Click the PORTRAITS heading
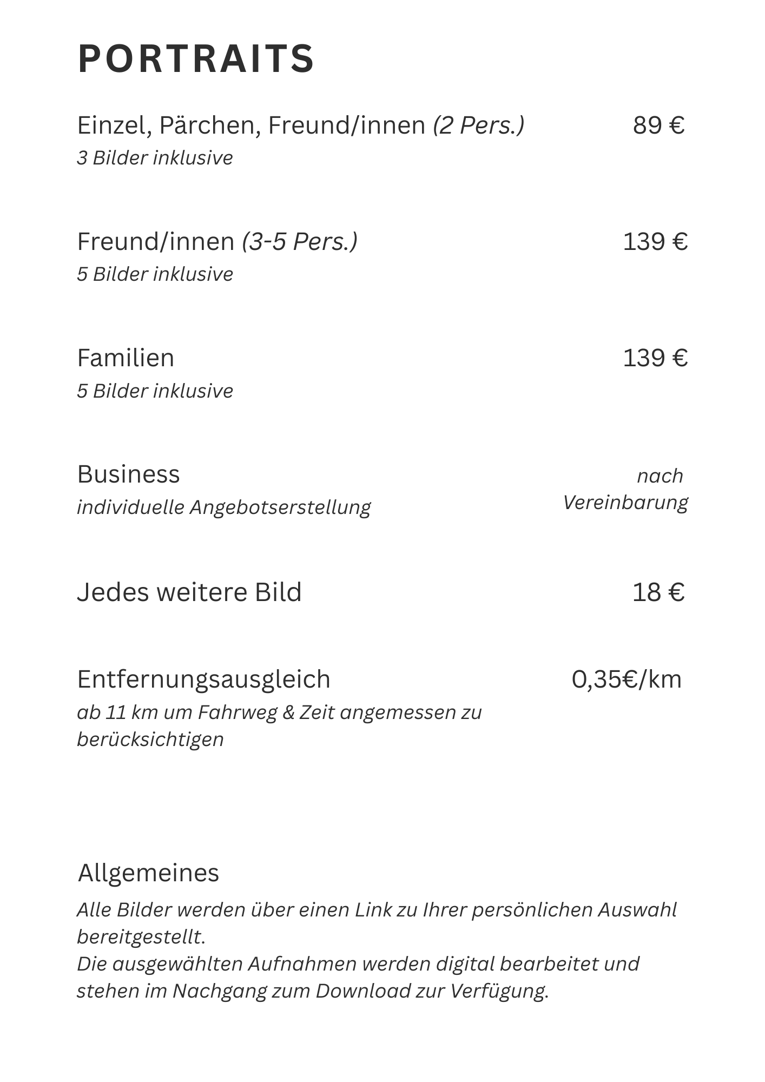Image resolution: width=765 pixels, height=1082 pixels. point(196,58)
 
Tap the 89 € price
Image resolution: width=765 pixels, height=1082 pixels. point(658,126)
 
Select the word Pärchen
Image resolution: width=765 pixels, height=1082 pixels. point(205,126)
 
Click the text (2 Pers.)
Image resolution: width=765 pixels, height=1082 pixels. point(478,126)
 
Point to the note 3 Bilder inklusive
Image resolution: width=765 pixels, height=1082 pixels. point(155,158)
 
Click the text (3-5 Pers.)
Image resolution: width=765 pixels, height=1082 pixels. point(299,241)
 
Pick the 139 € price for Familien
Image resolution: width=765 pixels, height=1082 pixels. point(655,358)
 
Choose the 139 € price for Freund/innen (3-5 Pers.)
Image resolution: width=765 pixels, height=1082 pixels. point(655,241)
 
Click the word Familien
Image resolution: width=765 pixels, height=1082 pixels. point(126,358)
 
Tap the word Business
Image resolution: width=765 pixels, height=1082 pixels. point(128,474)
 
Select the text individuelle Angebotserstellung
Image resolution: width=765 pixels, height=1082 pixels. point(223,507)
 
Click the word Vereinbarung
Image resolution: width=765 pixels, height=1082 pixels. point(625,503)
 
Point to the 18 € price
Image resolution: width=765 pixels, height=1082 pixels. point(658,592)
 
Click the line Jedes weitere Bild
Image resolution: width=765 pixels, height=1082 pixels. point(189,592)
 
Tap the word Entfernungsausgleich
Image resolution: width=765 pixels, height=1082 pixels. point(203,679)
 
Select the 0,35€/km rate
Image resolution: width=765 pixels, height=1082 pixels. point(626,679)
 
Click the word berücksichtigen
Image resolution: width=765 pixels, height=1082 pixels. point(150,740)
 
